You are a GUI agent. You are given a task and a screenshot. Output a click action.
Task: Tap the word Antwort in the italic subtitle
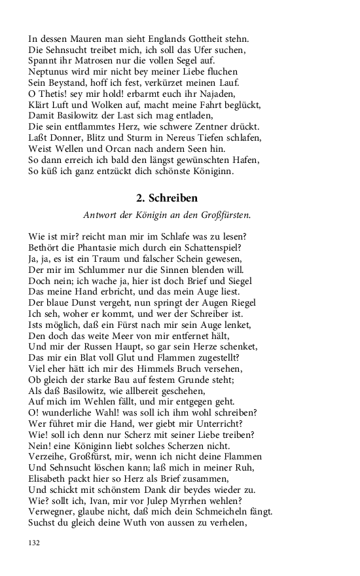(100, 215)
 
